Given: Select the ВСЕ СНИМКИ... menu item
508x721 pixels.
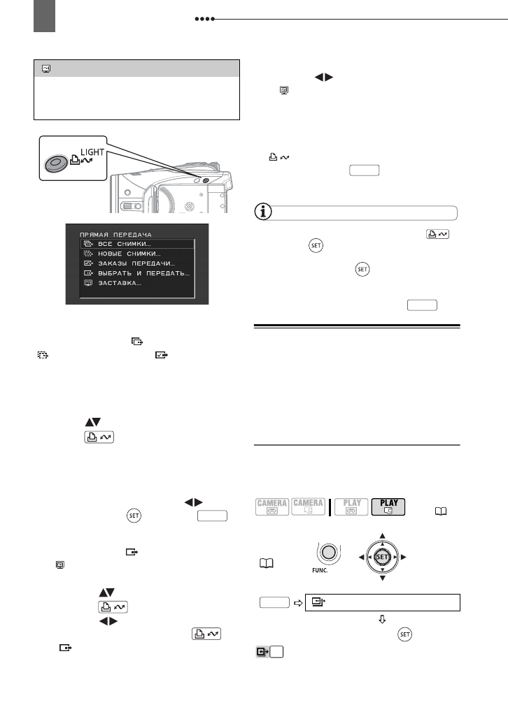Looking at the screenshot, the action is [125, 243].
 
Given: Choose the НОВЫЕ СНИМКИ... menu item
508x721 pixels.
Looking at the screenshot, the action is [129, 253].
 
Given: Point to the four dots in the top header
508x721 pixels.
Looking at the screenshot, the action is [203, 20].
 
